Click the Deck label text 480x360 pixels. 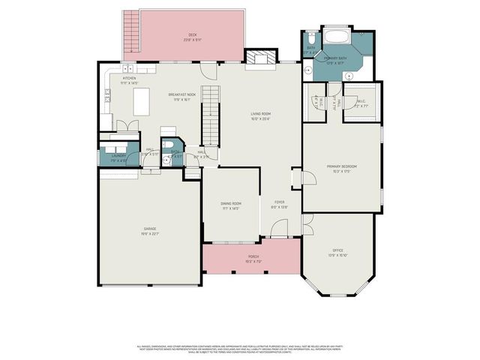click(x=193, y=36)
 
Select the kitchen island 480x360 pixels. click(x=141, y=101)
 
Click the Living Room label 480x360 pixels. click(x=260, y=116)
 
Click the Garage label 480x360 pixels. click(x=150, y=229)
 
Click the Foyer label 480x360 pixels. click(x=279, y=205)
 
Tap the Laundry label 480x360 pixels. click(x=118, y=157)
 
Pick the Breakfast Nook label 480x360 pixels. click(x=184, y=96)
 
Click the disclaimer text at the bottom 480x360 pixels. click(x=240, y=349)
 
